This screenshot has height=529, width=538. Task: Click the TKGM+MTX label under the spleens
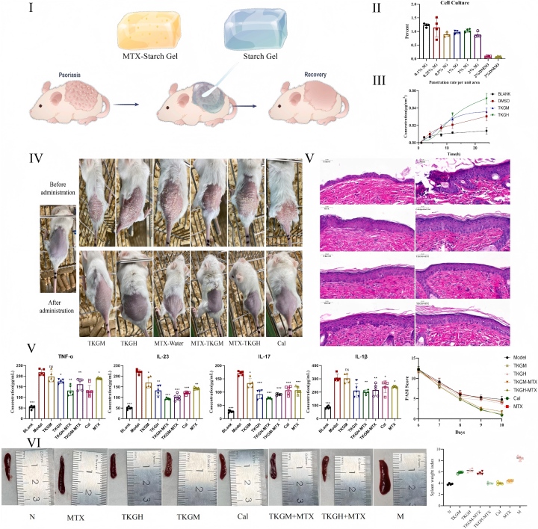[285, 516]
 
